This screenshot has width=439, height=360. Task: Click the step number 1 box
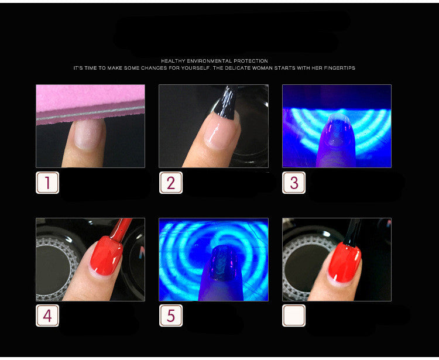[x=47, y=183]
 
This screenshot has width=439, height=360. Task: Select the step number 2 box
[x=171, y=183]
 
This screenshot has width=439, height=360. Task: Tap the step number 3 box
[x=294, y=183]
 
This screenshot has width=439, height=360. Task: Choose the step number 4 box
[x=47, y=316]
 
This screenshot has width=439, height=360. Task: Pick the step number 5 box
[x=171, y=316]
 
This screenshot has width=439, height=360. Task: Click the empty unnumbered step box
[x=294, y=316]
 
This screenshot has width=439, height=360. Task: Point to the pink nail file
[x=90, y=103]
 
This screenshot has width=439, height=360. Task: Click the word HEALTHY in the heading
[x=174, y=61]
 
